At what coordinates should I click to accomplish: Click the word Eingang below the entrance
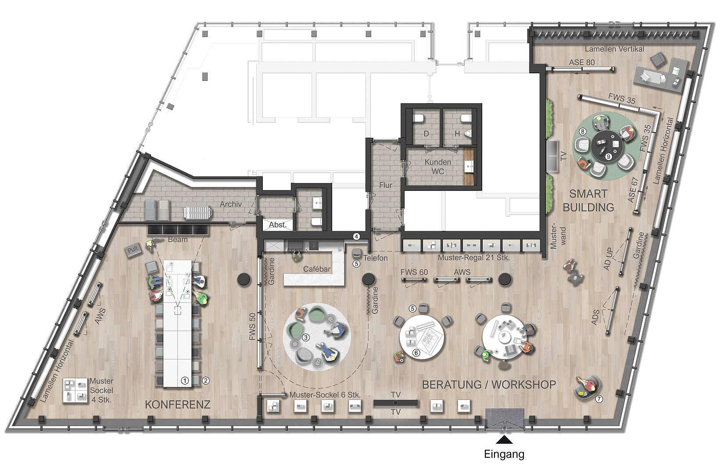(x=504, y=454)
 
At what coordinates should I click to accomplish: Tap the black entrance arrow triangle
(x=504, y=440)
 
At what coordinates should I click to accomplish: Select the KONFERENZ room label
(x=177, y=405)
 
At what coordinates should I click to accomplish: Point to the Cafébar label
(x=317, y=269)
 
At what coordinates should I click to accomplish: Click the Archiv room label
(x=230, y=204)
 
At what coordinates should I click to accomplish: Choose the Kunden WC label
(x=437, y=166)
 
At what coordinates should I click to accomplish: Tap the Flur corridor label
(x=386, y=185)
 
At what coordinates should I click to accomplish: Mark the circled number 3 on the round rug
(x=305, y=338)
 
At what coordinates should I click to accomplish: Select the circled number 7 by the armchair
(x=599, y=399)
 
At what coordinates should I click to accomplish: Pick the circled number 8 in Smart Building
(x=582, y=132)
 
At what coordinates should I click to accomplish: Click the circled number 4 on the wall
(x=356, y=237)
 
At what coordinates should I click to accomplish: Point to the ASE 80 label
(x=582, y=62)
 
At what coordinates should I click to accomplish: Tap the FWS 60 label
(x=414, y=272)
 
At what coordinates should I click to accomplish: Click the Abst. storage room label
(x=278, y=225)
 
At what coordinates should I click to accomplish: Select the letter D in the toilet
(x=427, y=133)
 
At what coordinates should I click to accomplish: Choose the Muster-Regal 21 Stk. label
(x=473, y=258)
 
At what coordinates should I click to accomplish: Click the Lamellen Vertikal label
(x=614, y=49)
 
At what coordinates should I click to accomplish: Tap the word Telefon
(x=375, y=258)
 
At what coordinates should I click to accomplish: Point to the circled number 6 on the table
(x=416, y=353)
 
